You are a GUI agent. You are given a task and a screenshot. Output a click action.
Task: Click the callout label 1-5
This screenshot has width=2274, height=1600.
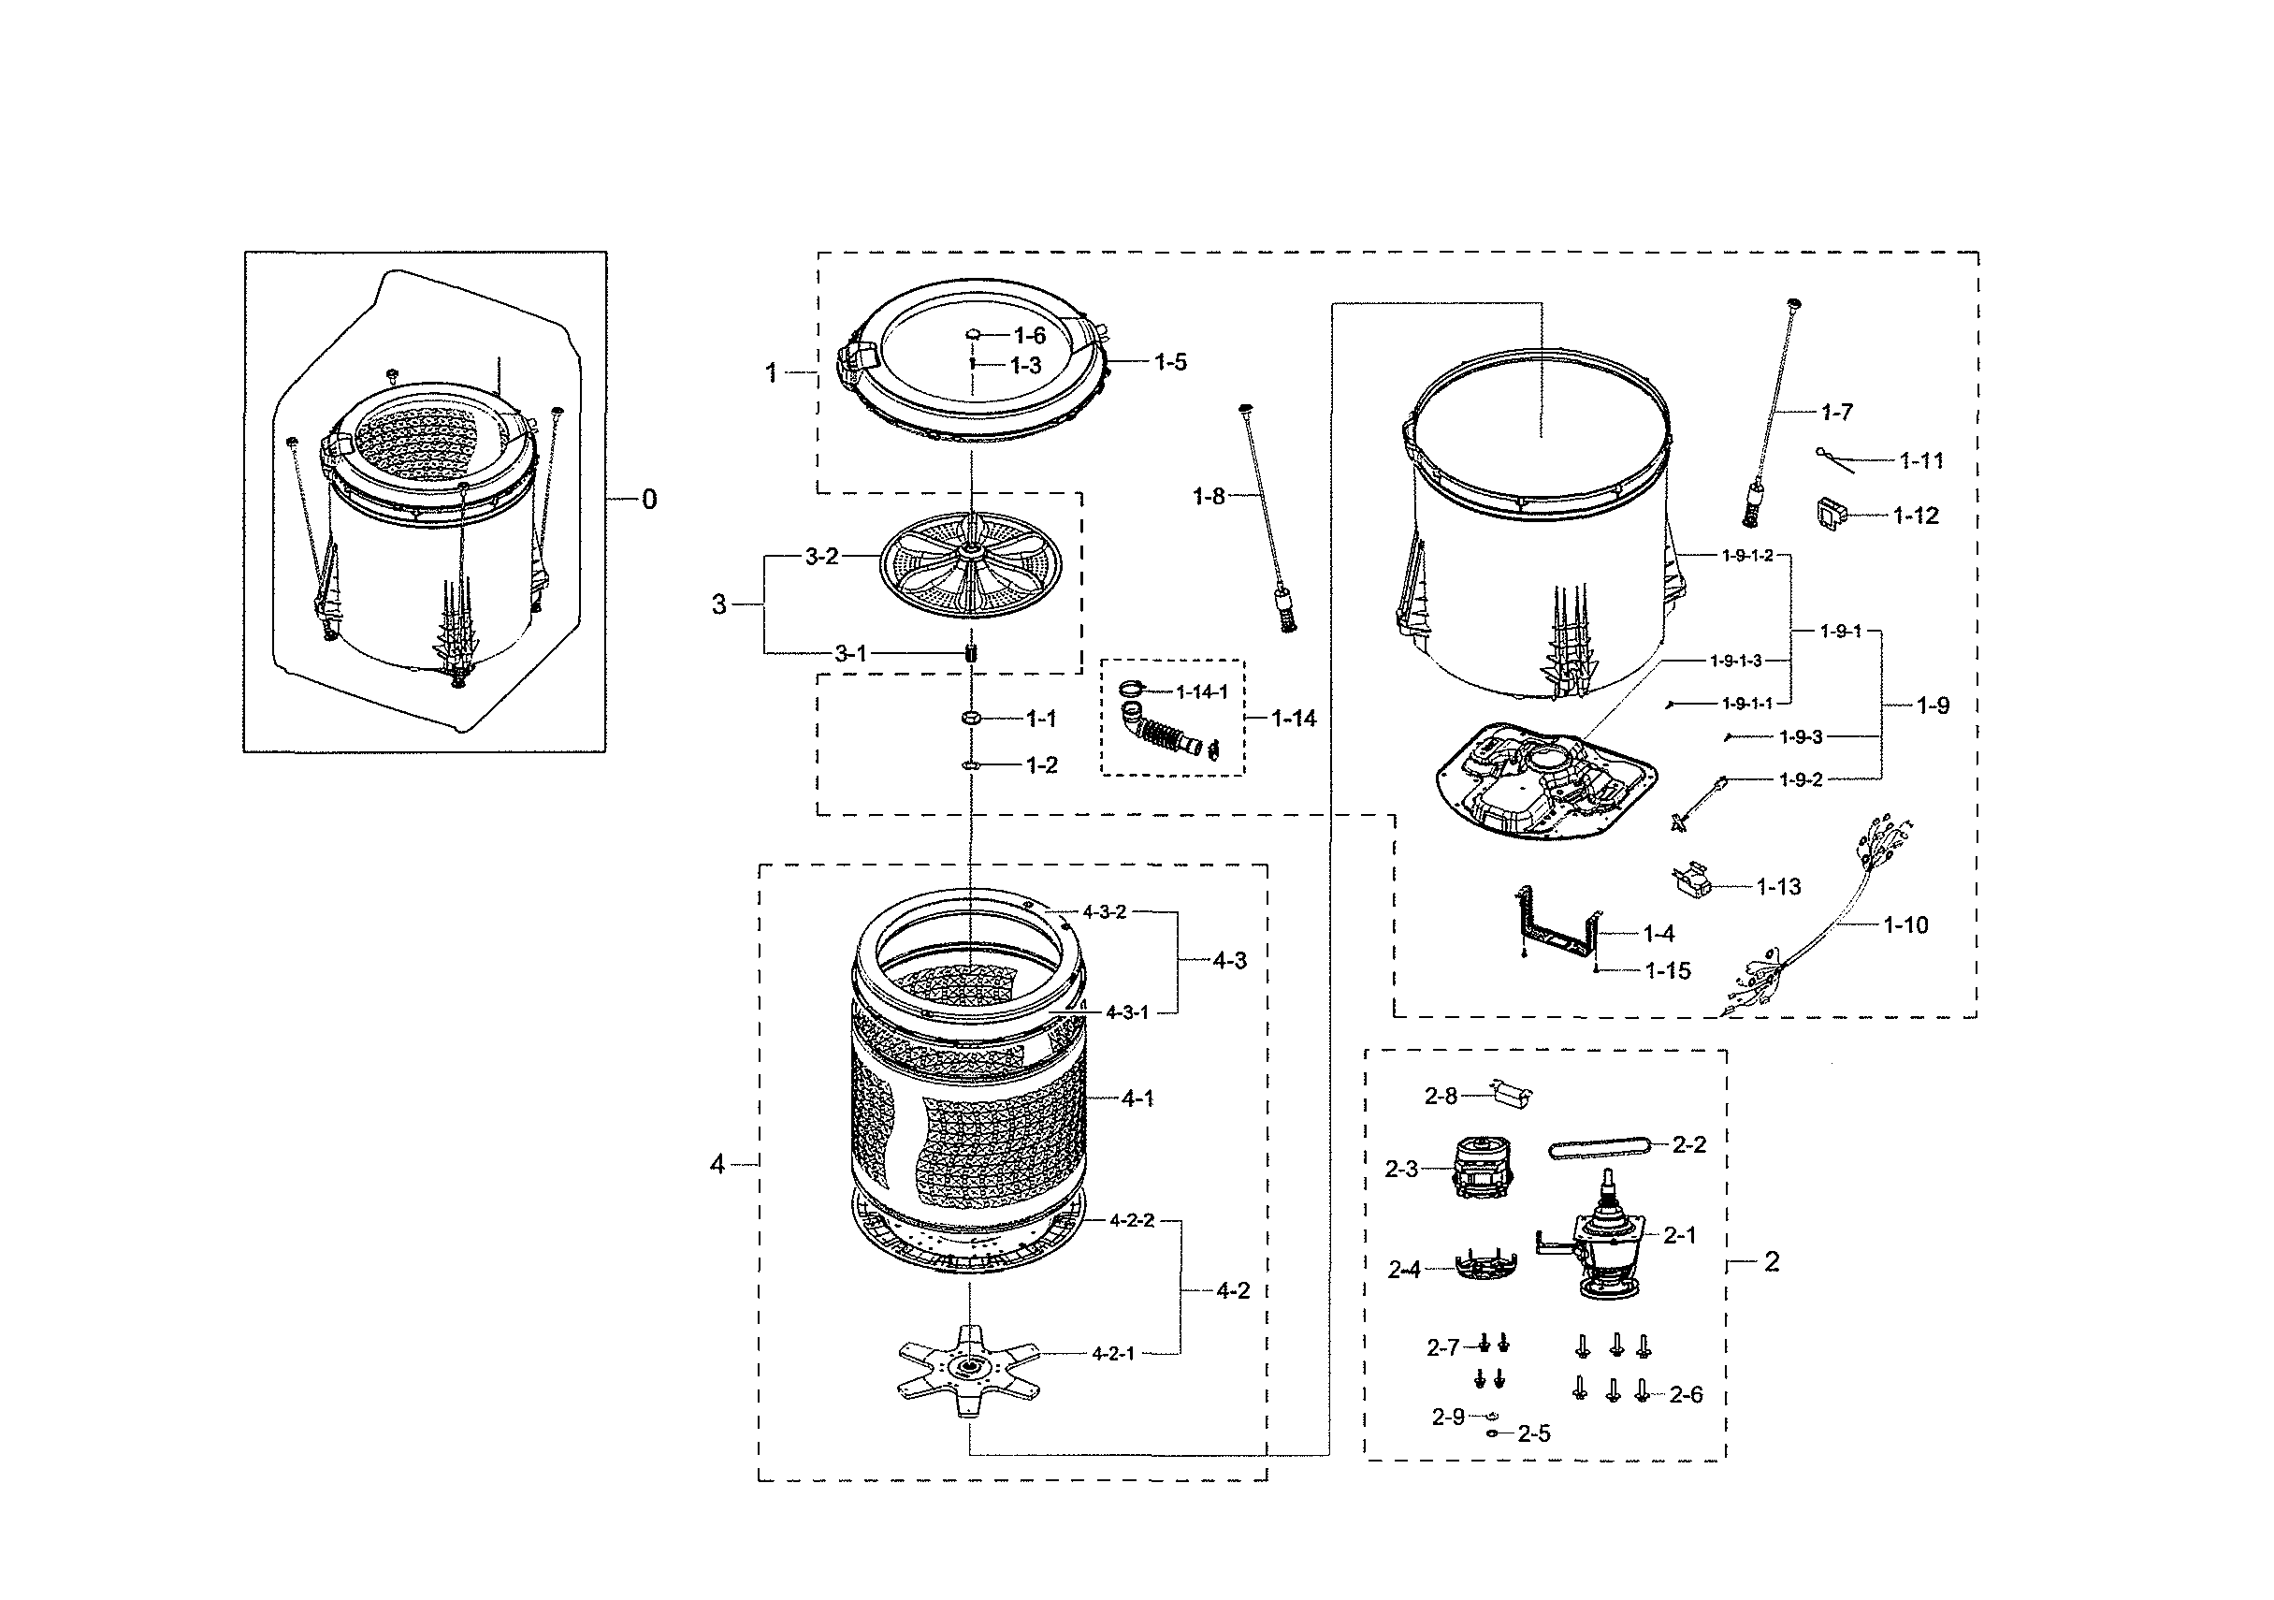[1169, 363]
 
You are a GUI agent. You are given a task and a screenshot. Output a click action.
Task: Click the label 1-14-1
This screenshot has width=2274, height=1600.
[1201, 691]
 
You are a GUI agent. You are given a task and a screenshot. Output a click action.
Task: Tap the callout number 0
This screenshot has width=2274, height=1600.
[649, 500]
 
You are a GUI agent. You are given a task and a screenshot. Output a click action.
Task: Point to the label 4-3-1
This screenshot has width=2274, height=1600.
[1126, 1012]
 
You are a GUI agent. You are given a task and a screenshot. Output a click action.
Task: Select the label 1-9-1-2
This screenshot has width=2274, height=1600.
[1747, 556]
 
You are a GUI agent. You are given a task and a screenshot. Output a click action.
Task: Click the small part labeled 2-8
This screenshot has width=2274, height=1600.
[1512, 1095]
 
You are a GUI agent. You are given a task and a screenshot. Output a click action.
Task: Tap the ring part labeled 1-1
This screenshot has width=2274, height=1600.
[970, 718]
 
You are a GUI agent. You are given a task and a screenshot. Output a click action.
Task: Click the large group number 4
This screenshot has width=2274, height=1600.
[717, 1164]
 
